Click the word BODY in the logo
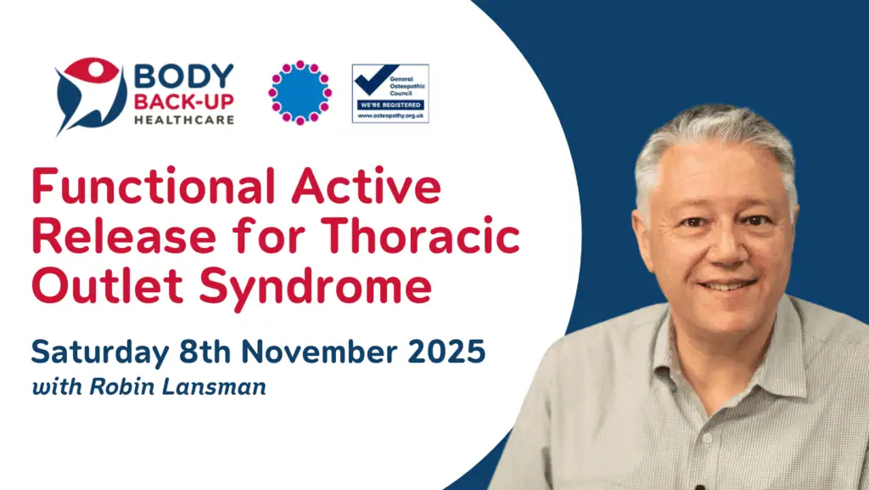point(184,76)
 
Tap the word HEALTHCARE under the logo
point(184,120)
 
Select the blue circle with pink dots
point(300,93)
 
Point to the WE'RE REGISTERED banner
point(390,104)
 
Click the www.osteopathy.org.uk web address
point(390,115)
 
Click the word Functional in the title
point(154,186)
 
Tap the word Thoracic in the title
point(420,235)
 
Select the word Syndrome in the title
point(316,288)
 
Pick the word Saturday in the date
point(100,352)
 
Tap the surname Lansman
point(213,386)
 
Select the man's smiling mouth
point(727,285)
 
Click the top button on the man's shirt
point(707,437)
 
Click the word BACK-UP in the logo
point(184,102)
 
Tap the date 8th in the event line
point(205,352)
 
